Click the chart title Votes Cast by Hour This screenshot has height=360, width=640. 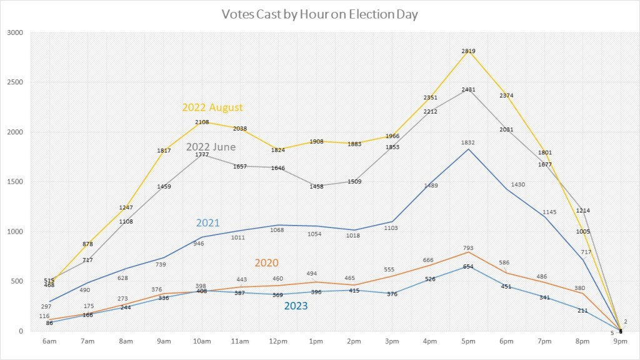[319, 14]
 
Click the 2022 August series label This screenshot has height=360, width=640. [212, 107]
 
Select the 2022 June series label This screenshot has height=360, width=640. [211, 147]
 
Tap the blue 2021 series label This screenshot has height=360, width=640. [207, 222]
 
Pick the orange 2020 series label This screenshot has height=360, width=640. [266, 262]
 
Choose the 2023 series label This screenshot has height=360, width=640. [296, 306]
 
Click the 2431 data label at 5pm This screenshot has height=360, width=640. [468, 90]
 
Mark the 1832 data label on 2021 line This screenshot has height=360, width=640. [468, 142]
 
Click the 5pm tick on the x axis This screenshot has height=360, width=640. [468, 341]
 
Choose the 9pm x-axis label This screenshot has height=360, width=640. [621, 341]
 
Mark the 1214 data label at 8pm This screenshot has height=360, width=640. [583, 211]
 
